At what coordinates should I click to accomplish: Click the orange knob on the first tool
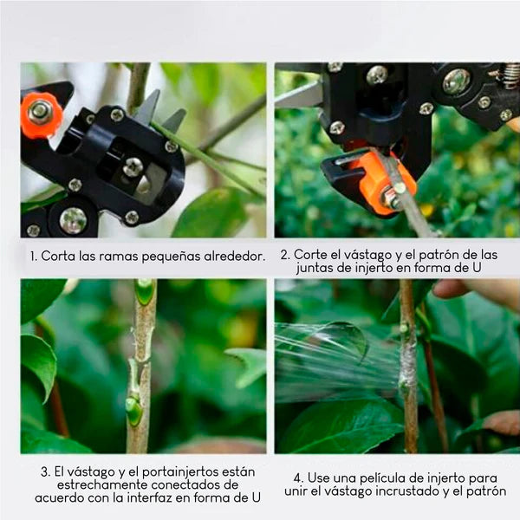(x=42, y=113)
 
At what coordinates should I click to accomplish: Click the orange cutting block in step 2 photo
(x=380, y=180)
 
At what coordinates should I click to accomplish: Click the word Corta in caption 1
(x=58, y=257)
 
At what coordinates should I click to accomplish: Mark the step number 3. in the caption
(x=43, y=471)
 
